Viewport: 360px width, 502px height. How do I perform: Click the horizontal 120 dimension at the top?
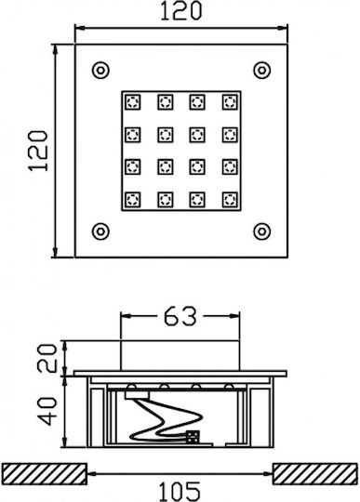tap(181, 11)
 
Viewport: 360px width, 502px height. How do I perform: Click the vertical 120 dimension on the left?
tap(38, 151)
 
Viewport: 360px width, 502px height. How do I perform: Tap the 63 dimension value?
tap(180, 316)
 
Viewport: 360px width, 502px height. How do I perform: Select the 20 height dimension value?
tap(47, 358)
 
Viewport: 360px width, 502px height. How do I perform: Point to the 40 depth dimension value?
tap(47, 412)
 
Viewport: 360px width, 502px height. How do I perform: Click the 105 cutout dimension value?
tap(180, 492)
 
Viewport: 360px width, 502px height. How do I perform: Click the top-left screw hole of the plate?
tap(100, 70)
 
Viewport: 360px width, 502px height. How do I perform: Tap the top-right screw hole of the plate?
tap(262, 70)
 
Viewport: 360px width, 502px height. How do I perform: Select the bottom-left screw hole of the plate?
tap(100, 231)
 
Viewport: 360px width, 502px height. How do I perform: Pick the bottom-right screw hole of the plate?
tap(262, 231)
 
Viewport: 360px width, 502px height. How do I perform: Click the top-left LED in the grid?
tap(133, 102)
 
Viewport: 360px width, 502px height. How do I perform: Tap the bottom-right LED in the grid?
tap(230, 200)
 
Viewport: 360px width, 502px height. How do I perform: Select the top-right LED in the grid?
tap(230, 102)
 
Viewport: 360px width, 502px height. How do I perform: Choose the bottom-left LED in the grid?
tap(133, 200)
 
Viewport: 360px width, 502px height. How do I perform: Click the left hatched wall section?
tap(45, 473)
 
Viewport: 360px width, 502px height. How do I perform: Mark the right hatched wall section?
tap(315, 473)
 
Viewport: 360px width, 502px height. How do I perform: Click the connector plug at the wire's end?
tap(193, 437)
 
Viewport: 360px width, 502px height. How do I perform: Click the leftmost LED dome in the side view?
tap(132, 387)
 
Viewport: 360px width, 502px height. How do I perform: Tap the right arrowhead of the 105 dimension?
tap(268, 473)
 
